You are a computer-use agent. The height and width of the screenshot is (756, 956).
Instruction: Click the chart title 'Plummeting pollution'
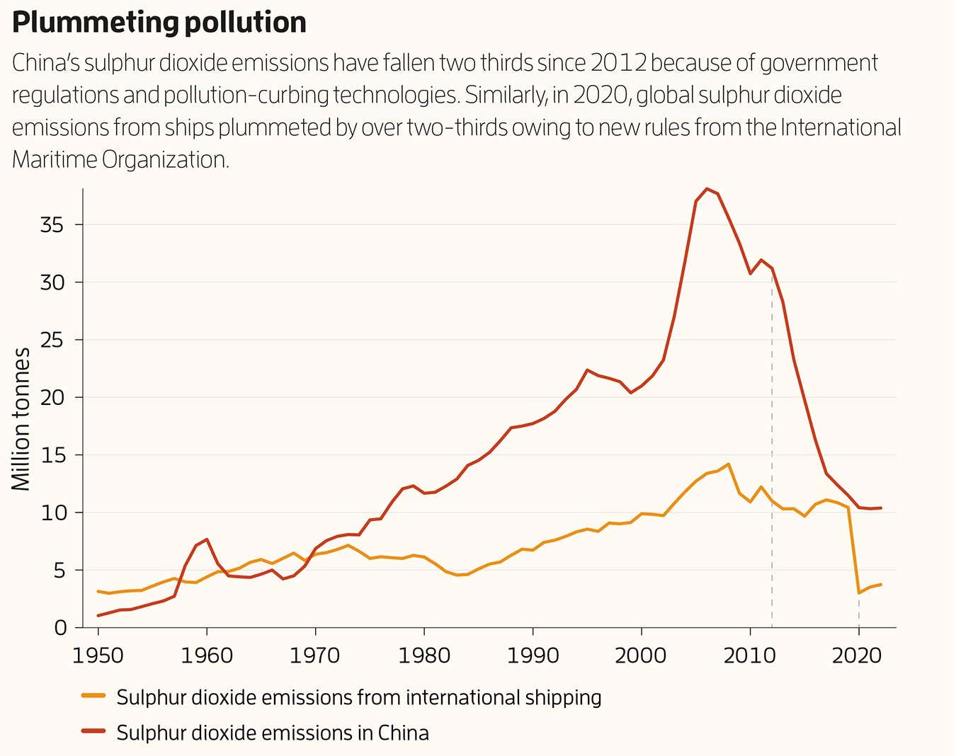pos(159,23)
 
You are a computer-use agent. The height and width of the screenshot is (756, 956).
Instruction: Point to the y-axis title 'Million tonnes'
pos(21,419)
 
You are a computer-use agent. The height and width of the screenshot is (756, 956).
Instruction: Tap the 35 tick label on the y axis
pos(52,225)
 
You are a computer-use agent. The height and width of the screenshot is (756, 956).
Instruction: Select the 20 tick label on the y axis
pos(52,398)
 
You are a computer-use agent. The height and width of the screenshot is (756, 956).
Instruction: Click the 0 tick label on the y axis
pos(59,628)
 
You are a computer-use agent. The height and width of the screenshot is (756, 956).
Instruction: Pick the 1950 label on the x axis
pos(98,655)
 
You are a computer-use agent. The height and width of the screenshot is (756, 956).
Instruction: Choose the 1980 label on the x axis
pos(424,655)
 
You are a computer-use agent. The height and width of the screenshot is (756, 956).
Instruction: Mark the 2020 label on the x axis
pos(858,655)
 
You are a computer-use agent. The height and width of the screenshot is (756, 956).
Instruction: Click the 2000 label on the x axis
pos(641,655)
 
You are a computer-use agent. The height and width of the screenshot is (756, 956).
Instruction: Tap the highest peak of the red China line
pos(707,189)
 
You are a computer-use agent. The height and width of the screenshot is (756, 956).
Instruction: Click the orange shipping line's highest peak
pos(728,464)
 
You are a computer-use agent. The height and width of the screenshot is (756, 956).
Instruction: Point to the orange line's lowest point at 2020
pos(859,592)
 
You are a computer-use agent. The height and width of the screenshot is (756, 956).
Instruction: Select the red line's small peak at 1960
pos(207,539)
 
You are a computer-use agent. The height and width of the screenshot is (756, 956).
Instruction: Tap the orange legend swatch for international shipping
pos(93,697)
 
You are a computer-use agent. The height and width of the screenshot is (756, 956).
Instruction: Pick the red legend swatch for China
pos(93,732)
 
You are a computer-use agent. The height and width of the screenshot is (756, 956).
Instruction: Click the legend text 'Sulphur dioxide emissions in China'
pos(273,732)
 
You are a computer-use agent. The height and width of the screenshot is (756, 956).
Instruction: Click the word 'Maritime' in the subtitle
pos(54,159)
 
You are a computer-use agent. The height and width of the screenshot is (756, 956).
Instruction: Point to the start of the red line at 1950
pos(98,615)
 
